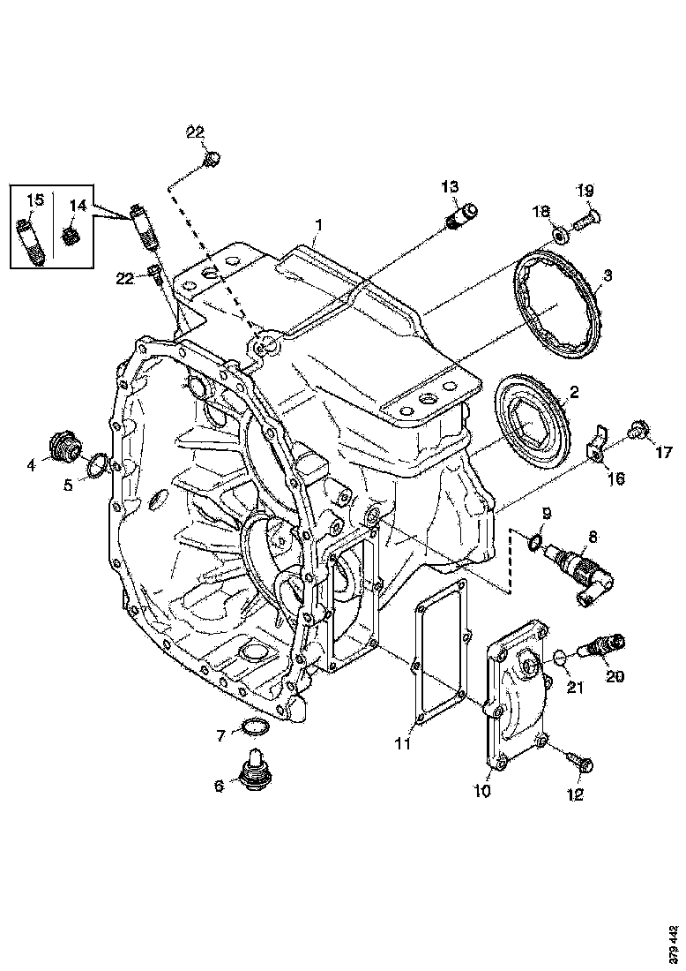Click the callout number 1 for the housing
coord(319,228)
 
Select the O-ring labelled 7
coord(254,727)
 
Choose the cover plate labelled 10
coord(515,697)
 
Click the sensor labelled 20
coord(603,647)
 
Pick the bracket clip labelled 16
coord(599,447)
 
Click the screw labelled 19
coord(585,213)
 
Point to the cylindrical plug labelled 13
coord(461,215)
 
